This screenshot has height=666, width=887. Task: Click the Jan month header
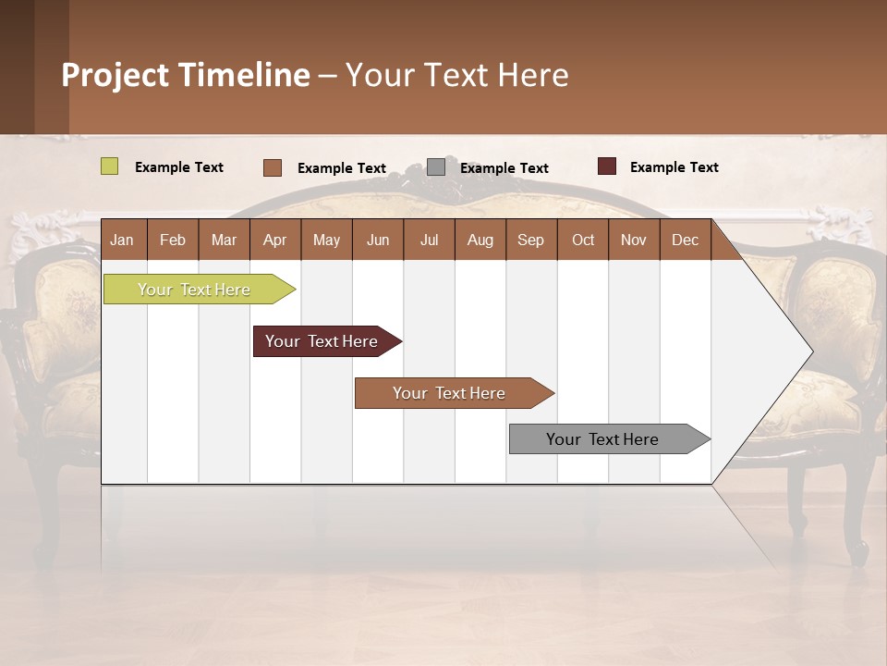coord(122,240)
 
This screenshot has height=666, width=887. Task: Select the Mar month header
coord(224,240)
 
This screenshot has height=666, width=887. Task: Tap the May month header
coord(326,240)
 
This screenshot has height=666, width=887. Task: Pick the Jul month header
coord(429,240)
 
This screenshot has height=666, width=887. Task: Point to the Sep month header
coord(530,240)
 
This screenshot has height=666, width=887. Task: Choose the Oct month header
coord(583,240)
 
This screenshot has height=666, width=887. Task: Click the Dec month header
coord(685,240)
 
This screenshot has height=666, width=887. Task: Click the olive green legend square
coord(109,166)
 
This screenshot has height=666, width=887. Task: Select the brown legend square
coord(272,167)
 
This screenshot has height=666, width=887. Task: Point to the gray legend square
coord(436,167)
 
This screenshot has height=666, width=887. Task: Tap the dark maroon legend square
coord(606,166)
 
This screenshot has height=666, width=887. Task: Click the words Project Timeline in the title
coord(185,75)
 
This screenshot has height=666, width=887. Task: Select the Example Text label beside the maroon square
coord(674,167)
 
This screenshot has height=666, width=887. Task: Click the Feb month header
coord(173,240)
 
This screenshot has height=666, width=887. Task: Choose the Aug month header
coord(480,240)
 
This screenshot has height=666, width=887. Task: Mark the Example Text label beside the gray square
coord(504,168)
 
